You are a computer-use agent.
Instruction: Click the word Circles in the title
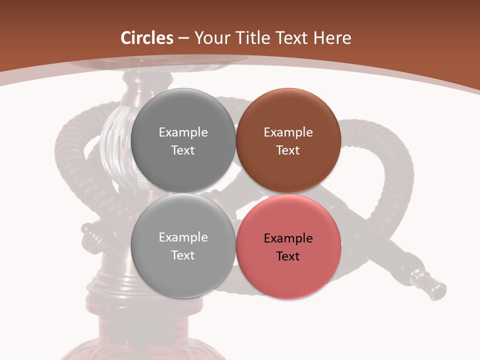coord(146,38)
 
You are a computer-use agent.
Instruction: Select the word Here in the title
coord(332,38)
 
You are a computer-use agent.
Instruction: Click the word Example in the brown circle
coord(288,132)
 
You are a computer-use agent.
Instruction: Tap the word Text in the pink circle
coord(288,256)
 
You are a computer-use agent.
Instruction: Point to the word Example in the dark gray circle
coord(183,132)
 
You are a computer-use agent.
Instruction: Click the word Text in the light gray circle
coord(183,255)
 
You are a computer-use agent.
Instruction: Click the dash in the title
coord(183,38)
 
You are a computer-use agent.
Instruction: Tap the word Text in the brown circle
coord(288,150)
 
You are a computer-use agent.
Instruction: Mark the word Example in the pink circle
coord(288,238)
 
